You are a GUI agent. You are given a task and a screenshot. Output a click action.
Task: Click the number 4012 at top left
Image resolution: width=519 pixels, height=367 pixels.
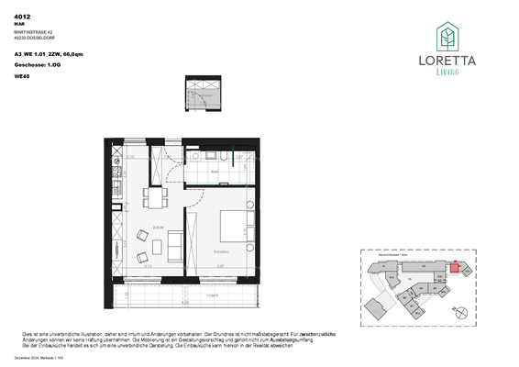(23, 16)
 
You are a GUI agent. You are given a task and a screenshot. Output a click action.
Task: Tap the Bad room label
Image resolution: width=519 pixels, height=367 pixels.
(213, 172)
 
